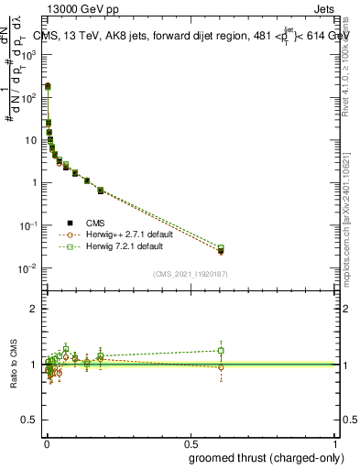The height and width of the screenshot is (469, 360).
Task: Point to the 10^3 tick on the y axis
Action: tap(33, 55)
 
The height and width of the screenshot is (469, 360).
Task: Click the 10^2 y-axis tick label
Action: tap(33, 97)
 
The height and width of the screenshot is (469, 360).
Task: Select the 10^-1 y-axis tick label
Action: tap(31, 225)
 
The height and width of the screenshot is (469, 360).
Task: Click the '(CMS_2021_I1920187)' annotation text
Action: tap(190, 274)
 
